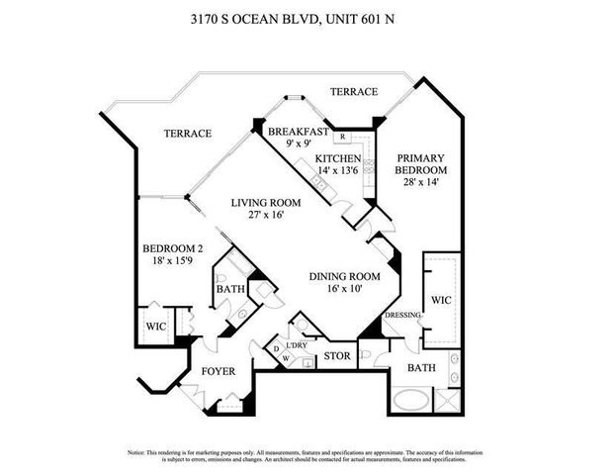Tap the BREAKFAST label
(x=297, y=131)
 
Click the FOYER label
(x=219, y=372)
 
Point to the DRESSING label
(x=404, y=316)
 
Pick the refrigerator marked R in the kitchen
(x=342, y=137)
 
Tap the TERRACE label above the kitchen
(x=353, y=92)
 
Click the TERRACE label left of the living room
(x=188, y=134)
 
